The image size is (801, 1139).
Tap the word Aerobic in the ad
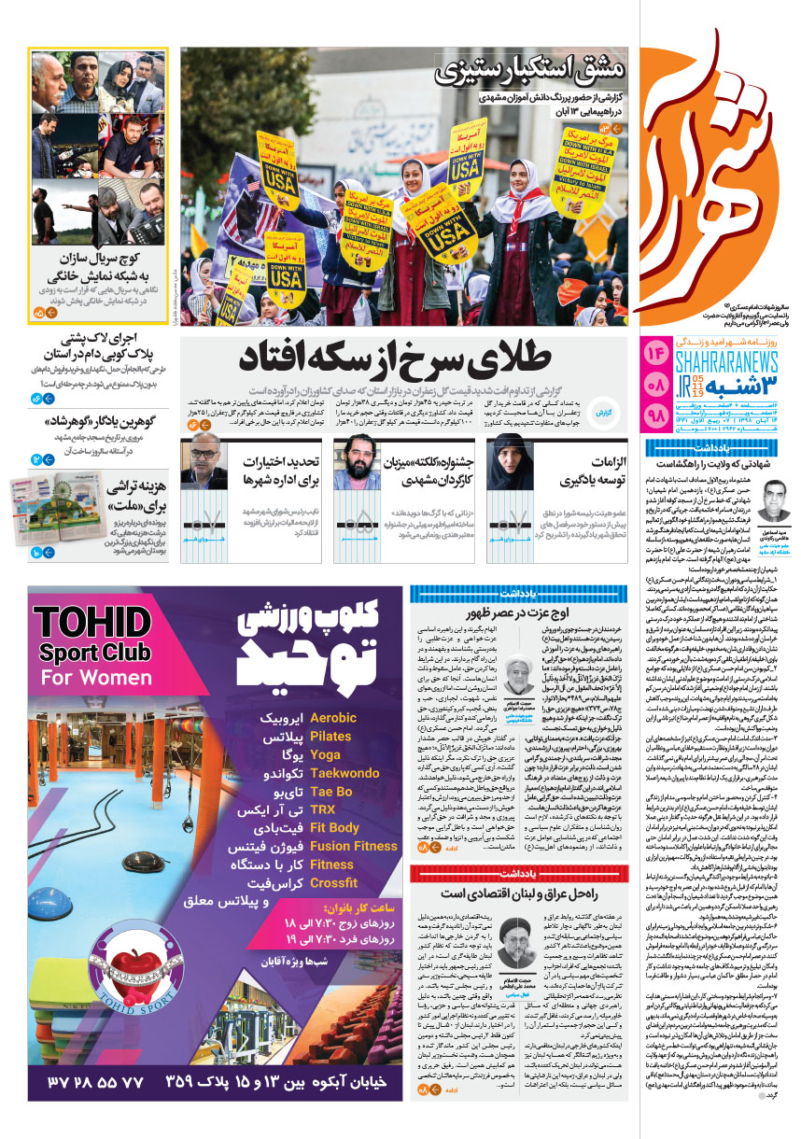333,718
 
